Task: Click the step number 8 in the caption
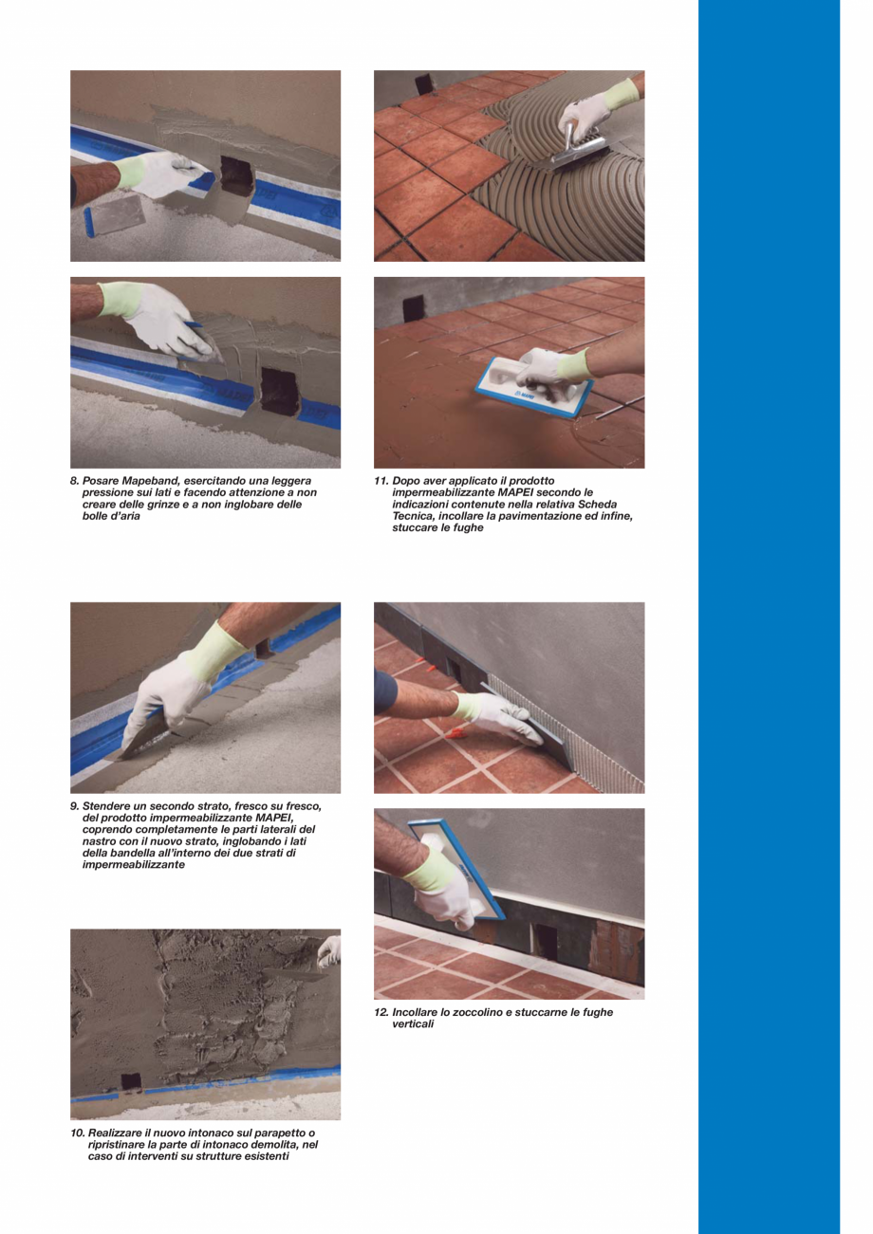tap(74, 481)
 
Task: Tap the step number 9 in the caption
tap(74, 807)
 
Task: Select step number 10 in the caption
tap(77, 1133)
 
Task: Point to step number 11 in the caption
tap(381, 481)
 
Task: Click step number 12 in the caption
tap(381, 1013)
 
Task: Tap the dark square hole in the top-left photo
tap(235, 175)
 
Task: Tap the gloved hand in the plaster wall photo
tap(328, 950)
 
